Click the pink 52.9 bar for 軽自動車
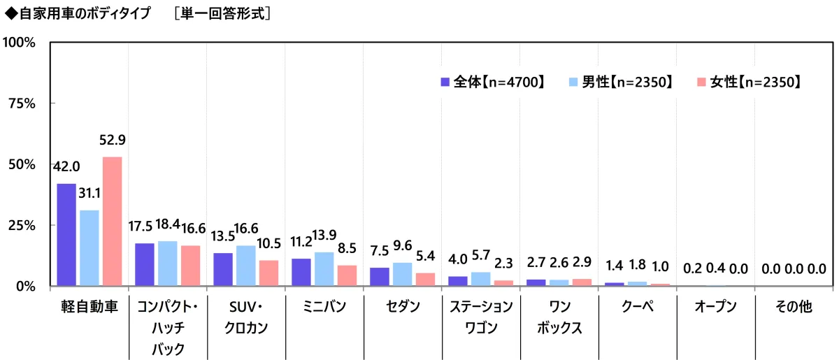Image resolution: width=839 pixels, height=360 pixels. (112, 221)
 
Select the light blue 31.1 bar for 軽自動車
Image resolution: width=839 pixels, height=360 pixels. (89, 247)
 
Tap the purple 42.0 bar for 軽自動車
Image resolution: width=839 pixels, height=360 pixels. (66, 234)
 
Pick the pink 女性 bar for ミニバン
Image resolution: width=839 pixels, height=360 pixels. (347, 275)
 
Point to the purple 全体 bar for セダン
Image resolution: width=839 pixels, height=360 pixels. (380, 277)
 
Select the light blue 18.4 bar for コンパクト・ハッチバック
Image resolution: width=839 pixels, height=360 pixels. (167, 264)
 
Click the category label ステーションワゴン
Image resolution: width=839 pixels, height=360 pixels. (481, 317)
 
